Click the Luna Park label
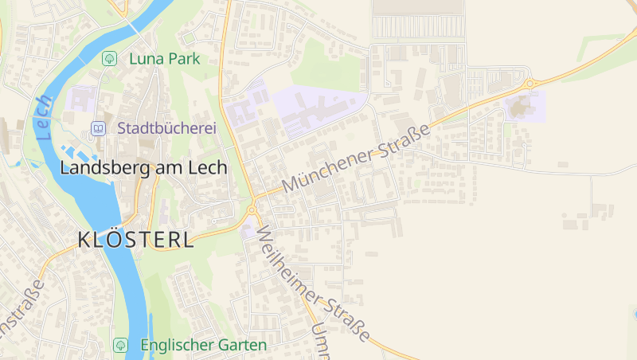click(163, 58)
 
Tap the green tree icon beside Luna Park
click(109, 58)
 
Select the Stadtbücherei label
click(167, 128)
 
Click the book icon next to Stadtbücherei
click(97, 128)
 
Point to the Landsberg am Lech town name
click(143, 168)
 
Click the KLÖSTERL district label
click(135, 240)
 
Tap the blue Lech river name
click(45, 118)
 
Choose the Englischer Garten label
click(203, 346)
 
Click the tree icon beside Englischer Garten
click(120, 346)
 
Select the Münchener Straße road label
click(356, 157)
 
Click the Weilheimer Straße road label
click(312, 283)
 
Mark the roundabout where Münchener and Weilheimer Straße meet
click(252, 209)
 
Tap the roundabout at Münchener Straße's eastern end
click(528, 83)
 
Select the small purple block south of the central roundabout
click(248, 230)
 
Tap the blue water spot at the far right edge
click(634, 314)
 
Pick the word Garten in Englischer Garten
click(240, 346)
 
